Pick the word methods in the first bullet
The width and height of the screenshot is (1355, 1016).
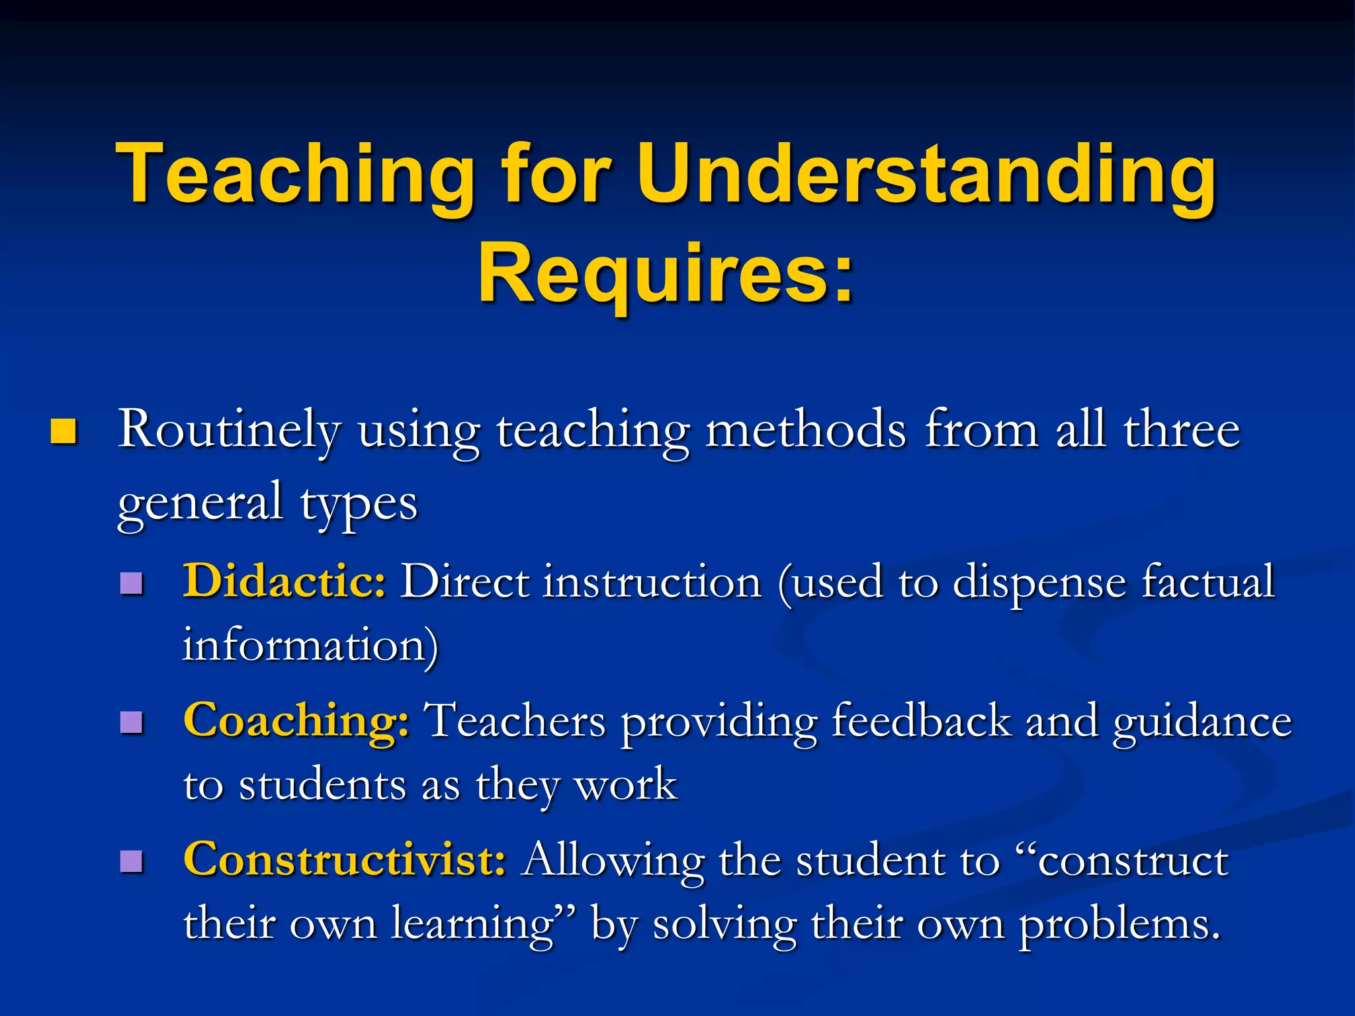point(806,430)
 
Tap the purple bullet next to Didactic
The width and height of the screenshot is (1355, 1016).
point(132,583)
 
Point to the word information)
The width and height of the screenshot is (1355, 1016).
point(310,645)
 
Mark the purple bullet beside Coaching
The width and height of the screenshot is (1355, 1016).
point(132,722)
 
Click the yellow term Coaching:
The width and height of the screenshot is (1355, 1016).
point(296,721)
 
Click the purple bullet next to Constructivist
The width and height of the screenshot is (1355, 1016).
point(132,861)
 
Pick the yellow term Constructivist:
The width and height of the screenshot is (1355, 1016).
point(345,860)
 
